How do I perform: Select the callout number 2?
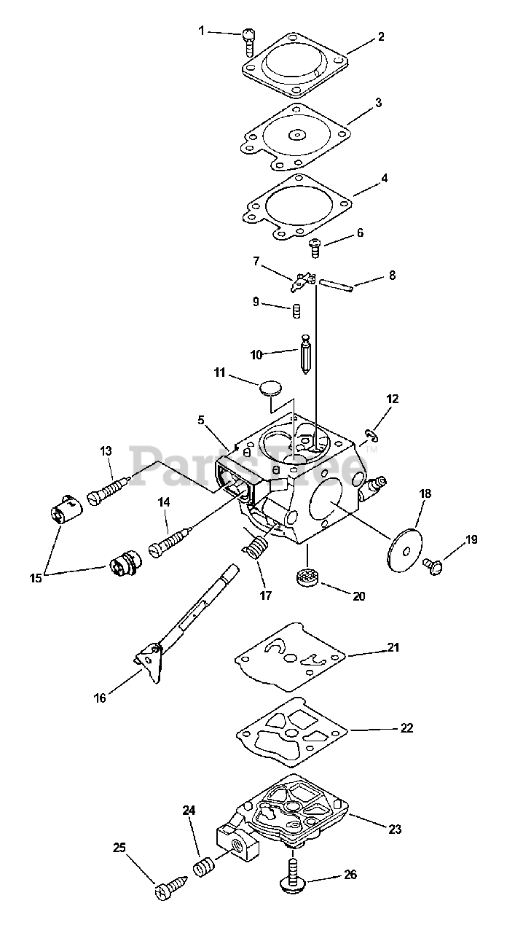click(x=381, y=36)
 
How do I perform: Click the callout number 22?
click(x=406, y=727)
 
